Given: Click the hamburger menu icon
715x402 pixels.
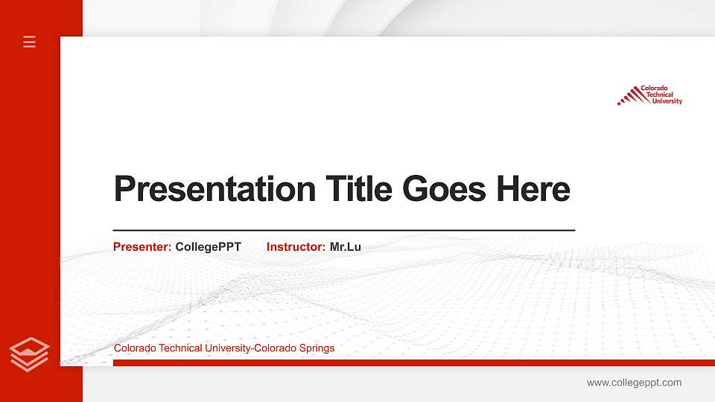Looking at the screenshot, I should click(x=30, y=42).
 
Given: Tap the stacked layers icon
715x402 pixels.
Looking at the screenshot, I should click(x=30, y=354).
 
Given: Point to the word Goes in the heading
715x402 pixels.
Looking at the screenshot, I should click(x=445, y=189).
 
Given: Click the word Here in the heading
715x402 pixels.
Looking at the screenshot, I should click(x=533, y=189).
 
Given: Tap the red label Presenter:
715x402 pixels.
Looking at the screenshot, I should click(x=142, y=246).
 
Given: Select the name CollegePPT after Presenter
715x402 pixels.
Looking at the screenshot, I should click(x=208, y=246).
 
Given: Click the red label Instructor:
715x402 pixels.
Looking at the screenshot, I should click(x=296, y=246).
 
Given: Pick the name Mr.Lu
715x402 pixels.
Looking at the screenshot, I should click(x=345, y=246).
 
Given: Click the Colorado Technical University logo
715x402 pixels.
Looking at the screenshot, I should click(x=649, y=95).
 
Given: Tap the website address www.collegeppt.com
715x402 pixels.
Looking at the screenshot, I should click(x=634, y=383).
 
